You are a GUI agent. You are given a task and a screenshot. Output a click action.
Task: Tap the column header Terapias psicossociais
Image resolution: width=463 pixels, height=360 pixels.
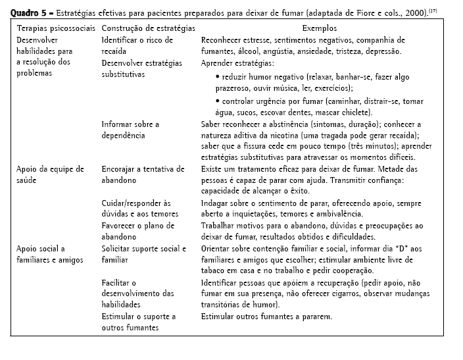pyautogui.click(x=55, y=29)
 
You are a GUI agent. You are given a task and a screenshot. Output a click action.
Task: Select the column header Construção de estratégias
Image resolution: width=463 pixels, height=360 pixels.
pyautogui.click(x=149, y=29)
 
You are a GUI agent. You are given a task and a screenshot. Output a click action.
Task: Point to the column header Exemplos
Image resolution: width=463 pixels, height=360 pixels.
pyautogui.click(x=319, y=29)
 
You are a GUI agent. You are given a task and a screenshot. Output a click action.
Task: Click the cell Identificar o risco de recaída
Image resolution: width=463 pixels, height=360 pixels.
pyautogui.click(x=137, y=45)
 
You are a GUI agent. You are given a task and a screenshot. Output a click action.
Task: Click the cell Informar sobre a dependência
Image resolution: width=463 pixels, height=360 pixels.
pyautogui.click(x=130, y=130)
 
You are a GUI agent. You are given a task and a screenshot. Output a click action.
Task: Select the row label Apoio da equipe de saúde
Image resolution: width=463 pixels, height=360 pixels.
pyautogui.click(x=50, y=174)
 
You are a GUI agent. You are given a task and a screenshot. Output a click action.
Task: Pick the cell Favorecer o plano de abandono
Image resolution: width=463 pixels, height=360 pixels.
pyautogui.click(x=138, y=231)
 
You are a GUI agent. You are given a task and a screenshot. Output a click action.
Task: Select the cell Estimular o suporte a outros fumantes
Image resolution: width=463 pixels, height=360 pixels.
pyautogui.click(x=139, y=322)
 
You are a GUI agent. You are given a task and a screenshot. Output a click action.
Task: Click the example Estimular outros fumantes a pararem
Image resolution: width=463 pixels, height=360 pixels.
pyautogui.click(x=266, y=317)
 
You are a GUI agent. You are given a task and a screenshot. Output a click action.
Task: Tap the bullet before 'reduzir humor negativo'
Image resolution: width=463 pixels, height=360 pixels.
pyautogui.click(x=217, y=78)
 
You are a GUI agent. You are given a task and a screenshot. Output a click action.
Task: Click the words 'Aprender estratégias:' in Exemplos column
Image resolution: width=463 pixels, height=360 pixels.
pyautogui.click(x=237, y=64)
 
